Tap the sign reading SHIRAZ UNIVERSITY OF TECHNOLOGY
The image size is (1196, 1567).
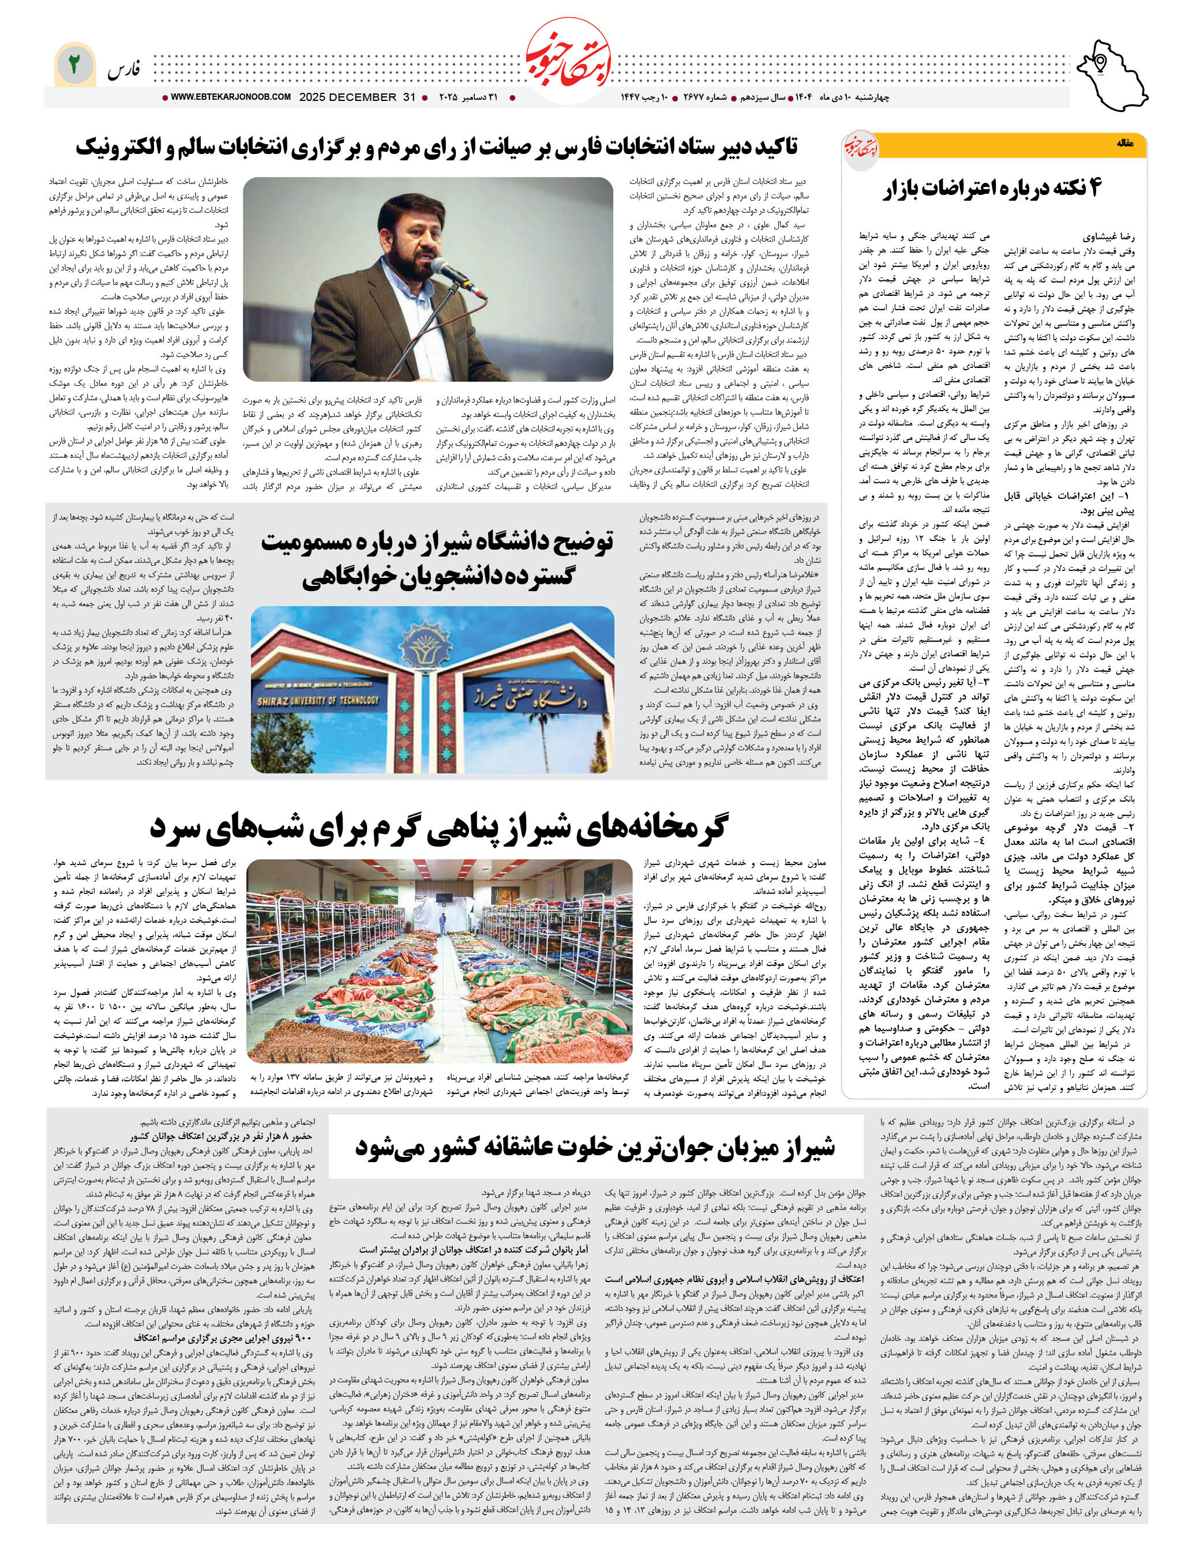point(318,701)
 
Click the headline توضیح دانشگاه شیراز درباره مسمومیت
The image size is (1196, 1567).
point(436,559)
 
